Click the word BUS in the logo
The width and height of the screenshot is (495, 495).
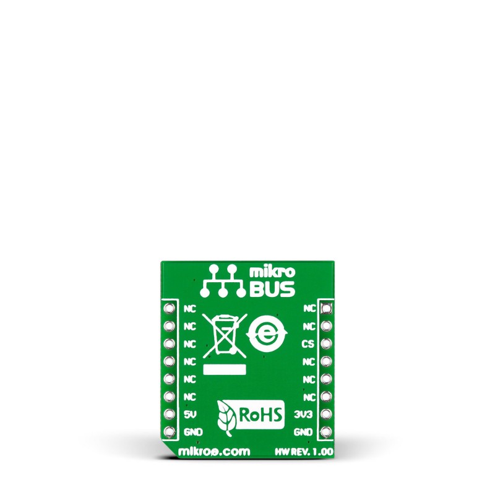272,289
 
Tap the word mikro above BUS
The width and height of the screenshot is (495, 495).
272,272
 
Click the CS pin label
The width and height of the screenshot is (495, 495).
308,344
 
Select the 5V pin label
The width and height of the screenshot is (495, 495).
191,414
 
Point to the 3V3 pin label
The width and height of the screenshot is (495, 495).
303,414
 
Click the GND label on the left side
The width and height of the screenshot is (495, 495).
193,431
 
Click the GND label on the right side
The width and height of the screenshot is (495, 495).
303,431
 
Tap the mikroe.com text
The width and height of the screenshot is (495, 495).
214,452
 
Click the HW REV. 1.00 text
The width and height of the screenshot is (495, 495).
304,452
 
